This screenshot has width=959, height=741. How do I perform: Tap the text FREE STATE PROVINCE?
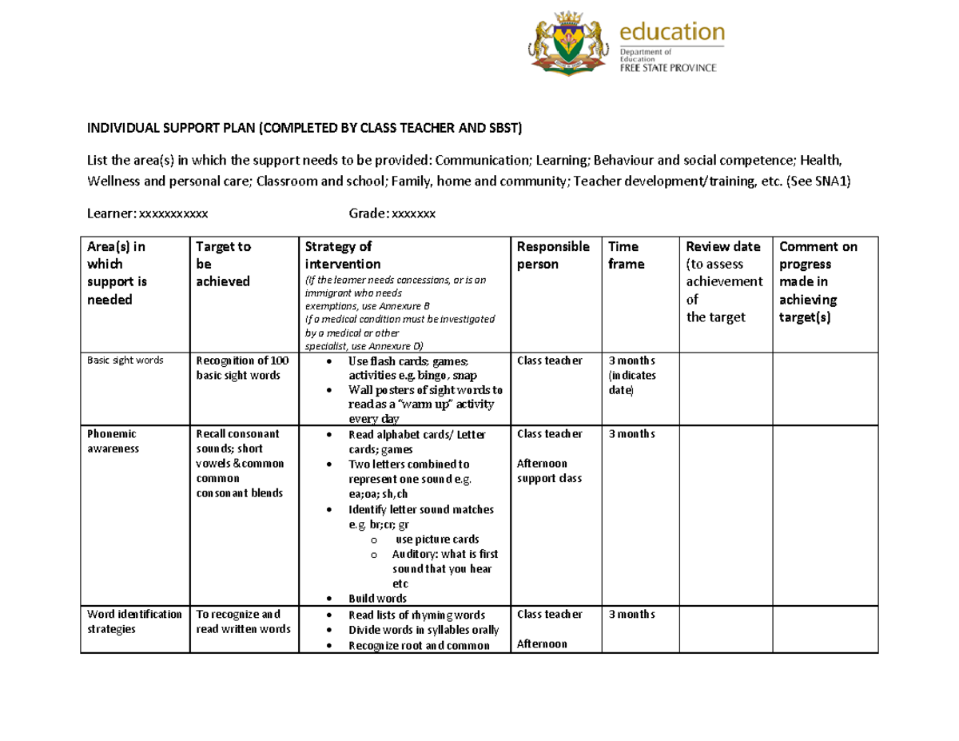(668, 69)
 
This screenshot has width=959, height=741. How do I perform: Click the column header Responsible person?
(553, 255)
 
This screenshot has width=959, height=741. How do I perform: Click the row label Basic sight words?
(125, 361)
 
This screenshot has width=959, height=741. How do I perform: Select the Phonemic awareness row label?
(112, 440)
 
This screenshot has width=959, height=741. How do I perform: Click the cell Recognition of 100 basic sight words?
(237, 368)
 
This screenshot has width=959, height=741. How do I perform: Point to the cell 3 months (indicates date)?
(631, 376)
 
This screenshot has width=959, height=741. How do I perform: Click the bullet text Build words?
(377, 599)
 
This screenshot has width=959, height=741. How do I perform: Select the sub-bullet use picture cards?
(437, 540)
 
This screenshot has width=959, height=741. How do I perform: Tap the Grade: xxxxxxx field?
(392, 213)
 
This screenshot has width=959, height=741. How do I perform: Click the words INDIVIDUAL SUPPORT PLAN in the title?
(172, 128)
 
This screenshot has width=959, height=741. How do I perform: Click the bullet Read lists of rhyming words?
(416, 615)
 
